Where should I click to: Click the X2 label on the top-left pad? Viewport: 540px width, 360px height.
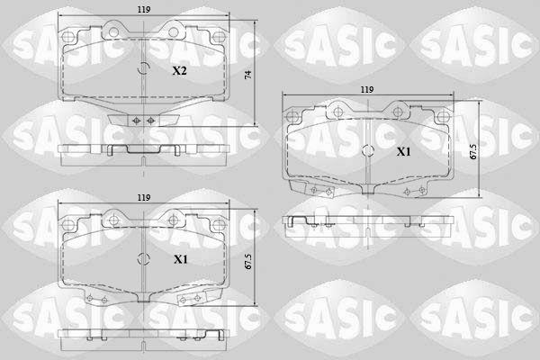click(179, 71)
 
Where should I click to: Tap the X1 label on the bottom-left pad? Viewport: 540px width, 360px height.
click(181, 259)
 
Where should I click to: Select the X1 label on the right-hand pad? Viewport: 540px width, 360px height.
click(403, 151)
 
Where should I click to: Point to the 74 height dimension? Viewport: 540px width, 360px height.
click(248, 75)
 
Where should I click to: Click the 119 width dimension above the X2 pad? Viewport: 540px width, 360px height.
click(144, 10)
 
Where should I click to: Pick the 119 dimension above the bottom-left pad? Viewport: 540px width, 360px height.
click(144, 198)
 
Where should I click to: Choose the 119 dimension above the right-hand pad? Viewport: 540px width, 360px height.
click(367, 90)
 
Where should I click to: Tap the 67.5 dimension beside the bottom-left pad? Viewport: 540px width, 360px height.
click(248, 262)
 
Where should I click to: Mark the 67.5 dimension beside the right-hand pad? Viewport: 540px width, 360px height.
click(473, 151)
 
